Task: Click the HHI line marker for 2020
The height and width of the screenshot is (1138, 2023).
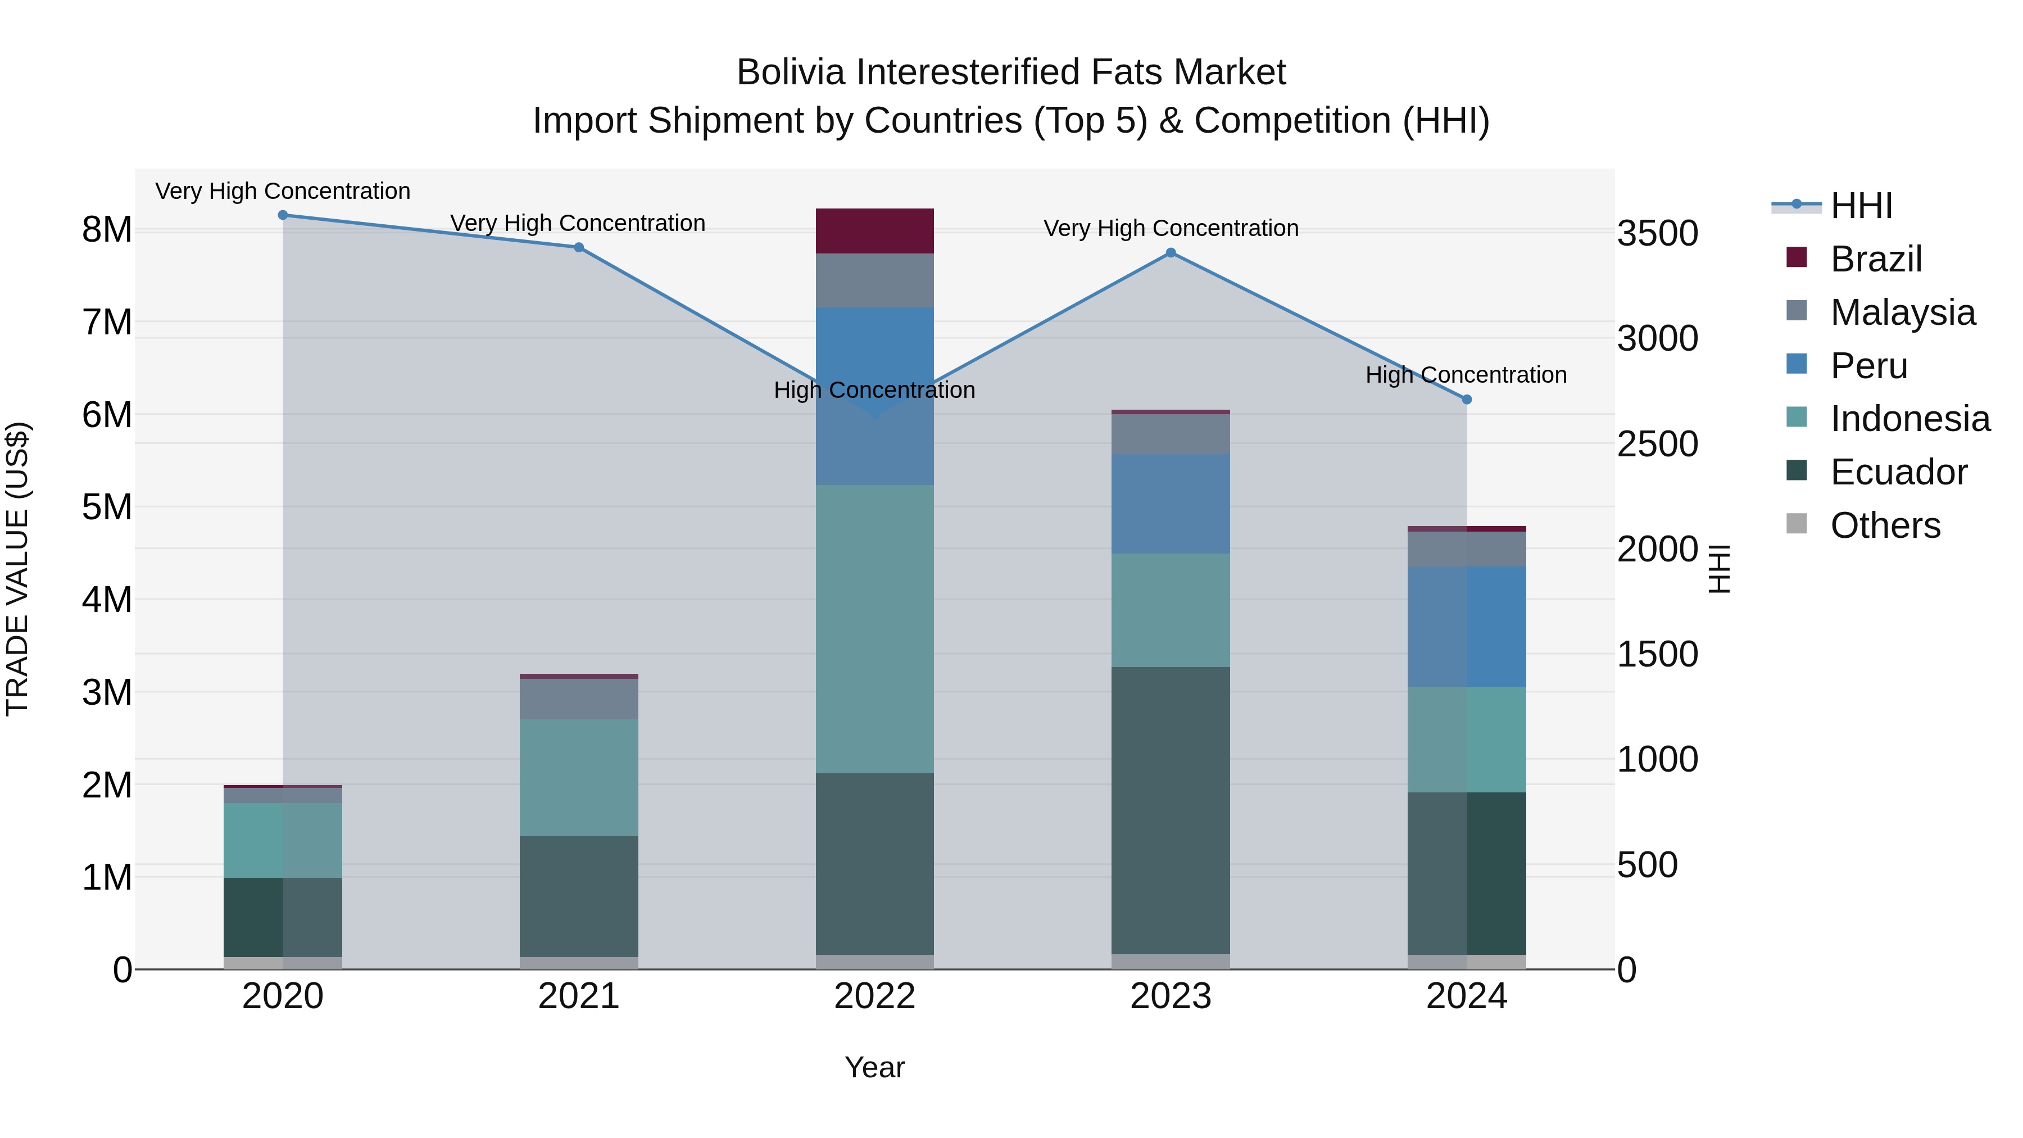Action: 283,215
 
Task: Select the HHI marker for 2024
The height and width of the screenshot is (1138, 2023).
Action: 1466,400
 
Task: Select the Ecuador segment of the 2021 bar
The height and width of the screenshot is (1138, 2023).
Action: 579,896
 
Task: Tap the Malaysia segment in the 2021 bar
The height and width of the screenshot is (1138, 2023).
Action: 579,699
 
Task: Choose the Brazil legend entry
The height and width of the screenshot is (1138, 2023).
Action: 1875,259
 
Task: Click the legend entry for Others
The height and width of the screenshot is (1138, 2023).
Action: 1885,525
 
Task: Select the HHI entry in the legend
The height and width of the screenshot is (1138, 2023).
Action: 1861,206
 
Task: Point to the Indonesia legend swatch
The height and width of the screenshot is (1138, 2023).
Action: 1796,418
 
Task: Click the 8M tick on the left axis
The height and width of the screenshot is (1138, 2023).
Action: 107,230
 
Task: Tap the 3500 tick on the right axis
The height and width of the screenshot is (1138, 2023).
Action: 1657,233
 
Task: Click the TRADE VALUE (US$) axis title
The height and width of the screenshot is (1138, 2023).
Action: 17,569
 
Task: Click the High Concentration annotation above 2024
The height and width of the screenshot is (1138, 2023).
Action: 1466,375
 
